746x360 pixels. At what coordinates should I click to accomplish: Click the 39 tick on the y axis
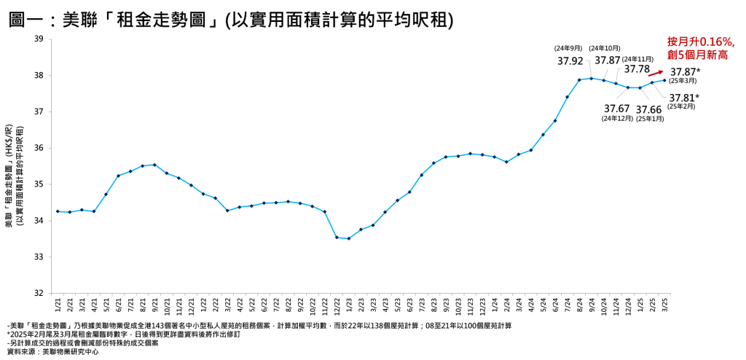(x=38, y=39)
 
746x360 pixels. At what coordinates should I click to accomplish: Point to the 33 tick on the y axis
(x=38, y=257)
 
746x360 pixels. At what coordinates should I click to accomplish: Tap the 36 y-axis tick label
(x=38, y=148)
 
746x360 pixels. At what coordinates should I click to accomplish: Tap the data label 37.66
(x=649, y=109)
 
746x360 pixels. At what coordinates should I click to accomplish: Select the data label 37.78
(x=637, y=69)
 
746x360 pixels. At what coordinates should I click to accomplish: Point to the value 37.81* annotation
(x=684, y=97)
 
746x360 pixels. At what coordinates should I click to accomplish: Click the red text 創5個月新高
(x=698, y=55)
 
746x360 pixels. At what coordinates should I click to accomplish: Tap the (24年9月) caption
(x=569, y=48)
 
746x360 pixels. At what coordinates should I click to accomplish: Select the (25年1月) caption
(x=650, y=119)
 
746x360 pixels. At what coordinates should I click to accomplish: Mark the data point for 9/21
(x=154, y=165)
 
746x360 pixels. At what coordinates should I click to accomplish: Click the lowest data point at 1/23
(x=349, y=238)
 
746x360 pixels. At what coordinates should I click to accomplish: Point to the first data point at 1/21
(x=58, y=211)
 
